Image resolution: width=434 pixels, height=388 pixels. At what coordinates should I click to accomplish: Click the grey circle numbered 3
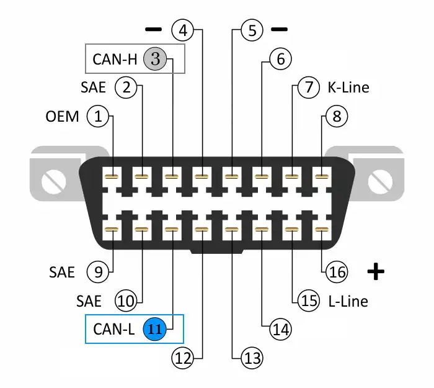pos(155,59)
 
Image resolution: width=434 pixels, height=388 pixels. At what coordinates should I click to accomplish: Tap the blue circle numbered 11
pos(155,328)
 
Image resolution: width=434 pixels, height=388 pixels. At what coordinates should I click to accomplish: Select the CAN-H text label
pos(115,59)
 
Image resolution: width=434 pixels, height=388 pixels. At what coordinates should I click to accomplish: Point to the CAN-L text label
pos(114,328)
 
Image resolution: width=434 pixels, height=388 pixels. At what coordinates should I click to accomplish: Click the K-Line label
pos(348,87)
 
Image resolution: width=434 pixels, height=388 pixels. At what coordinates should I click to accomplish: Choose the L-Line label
pos(348,301)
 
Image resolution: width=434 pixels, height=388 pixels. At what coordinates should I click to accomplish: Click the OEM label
pos(63,115)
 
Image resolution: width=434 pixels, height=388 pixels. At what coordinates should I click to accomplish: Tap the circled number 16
pos(337,271)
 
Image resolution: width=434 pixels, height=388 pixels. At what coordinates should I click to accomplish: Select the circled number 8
pos(337,115)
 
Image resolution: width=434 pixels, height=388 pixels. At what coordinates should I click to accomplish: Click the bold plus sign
pos(376,271)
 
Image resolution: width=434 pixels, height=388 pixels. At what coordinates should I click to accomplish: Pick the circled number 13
pos(251,358)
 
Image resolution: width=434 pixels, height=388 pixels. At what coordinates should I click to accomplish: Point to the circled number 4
pos(183,29)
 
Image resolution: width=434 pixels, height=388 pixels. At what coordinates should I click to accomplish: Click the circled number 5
pos(251,30)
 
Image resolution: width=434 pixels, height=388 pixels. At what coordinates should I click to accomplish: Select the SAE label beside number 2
pos(94,87)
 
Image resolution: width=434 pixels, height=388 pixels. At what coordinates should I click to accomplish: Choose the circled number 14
pos(281,329)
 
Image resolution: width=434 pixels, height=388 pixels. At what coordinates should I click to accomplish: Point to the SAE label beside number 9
pos(62,272)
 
